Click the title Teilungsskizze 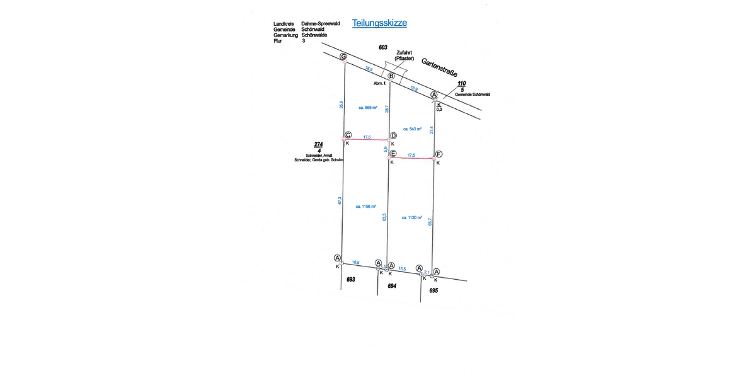point(379,23)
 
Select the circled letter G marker point(343,57)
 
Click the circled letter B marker point(391,76)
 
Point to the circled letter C point(348,134)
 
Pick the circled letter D point(393,135)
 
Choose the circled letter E point(393,154)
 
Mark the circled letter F point(438,154)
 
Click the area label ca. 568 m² point(367,108)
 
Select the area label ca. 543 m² point(411,129)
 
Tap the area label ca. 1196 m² point(365,206)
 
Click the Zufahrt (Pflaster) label point(404,55)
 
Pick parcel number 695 point(433,290)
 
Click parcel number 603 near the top point(382,47)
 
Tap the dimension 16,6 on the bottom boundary point(356,261)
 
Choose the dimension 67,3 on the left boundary point(340,201)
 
